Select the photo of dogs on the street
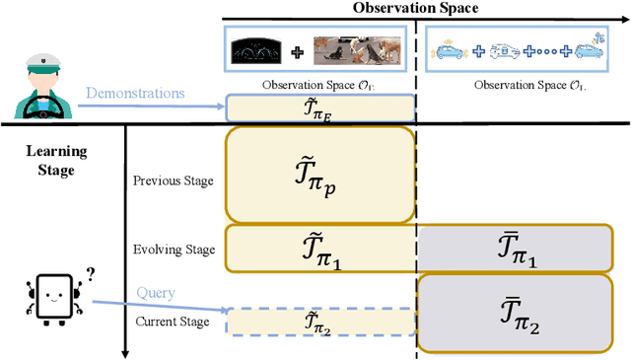(351, 52)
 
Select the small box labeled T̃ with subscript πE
(320, 107)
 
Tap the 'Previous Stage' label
(172, 180)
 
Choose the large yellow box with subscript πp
(320, 174)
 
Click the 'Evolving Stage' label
(173, 250)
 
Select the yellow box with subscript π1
(320, 249)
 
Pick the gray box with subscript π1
(517, 249)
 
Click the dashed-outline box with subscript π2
(320, 321)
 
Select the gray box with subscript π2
(517, 314)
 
